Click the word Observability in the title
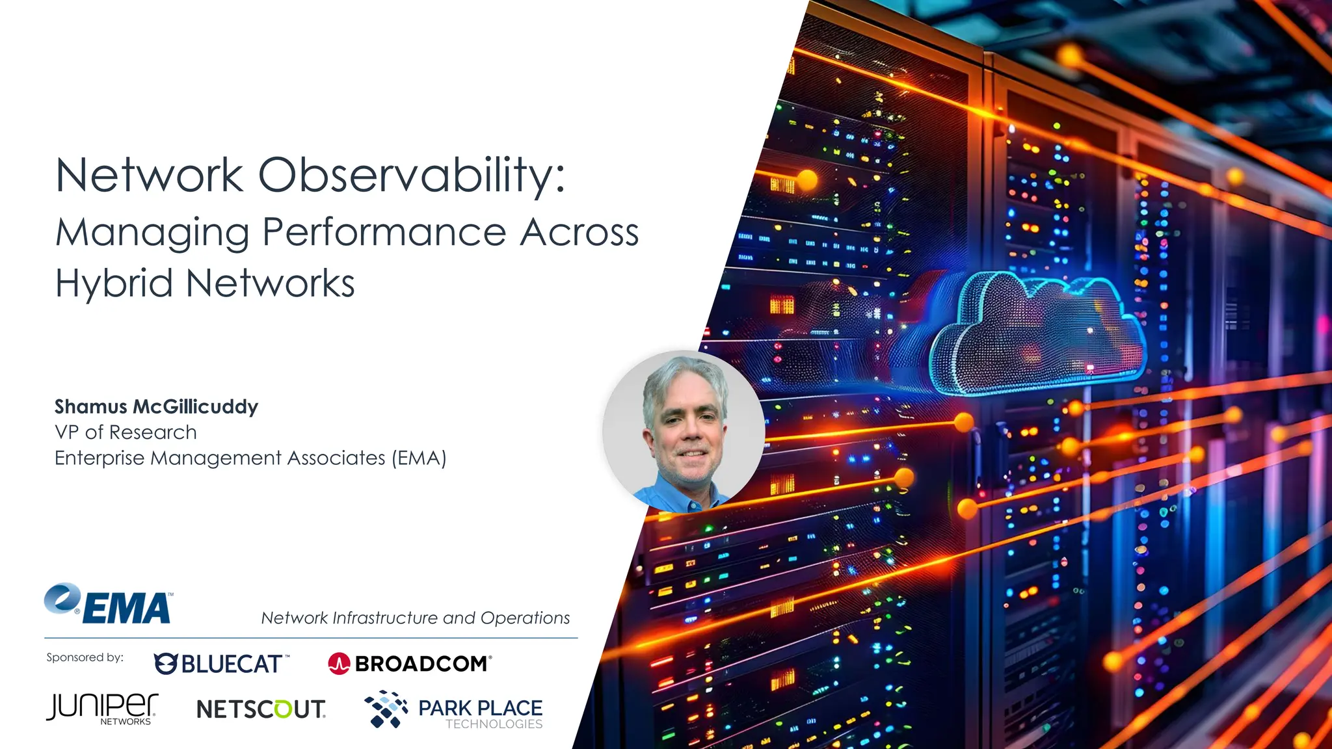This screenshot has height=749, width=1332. pos(412,176)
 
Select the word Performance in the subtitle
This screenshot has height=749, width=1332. pos(384,232)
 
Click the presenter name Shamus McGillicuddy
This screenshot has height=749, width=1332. pos(156,407)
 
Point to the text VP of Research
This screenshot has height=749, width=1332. pos(126,432)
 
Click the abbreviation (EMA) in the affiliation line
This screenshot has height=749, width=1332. pos(419,458)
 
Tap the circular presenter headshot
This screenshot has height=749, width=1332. pos(684,431)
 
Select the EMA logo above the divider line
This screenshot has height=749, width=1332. pos(109,604)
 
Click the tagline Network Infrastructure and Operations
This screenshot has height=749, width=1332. pos(415,618)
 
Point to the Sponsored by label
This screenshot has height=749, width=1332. pos(85,657)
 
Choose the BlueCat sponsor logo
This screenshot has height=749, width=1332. pos(221,664)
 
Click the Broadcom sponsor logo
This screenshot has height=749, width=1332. pos(410,664)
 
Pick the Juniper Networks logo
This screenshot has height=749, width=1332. pos(102,709)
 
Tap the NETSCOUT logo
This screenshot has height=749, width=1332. pos(261,709)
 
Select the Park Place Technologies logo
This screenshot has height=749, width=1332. pos(453,710)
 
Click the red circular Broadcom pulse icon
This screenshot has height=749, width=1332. pos(339,664)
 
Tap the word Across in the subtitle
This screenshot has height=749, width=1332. pos(579,232)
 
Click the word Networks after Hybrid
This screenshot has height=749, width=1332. pos(270,283)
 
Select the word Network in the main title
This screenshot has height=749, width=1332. pos(149,176)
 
